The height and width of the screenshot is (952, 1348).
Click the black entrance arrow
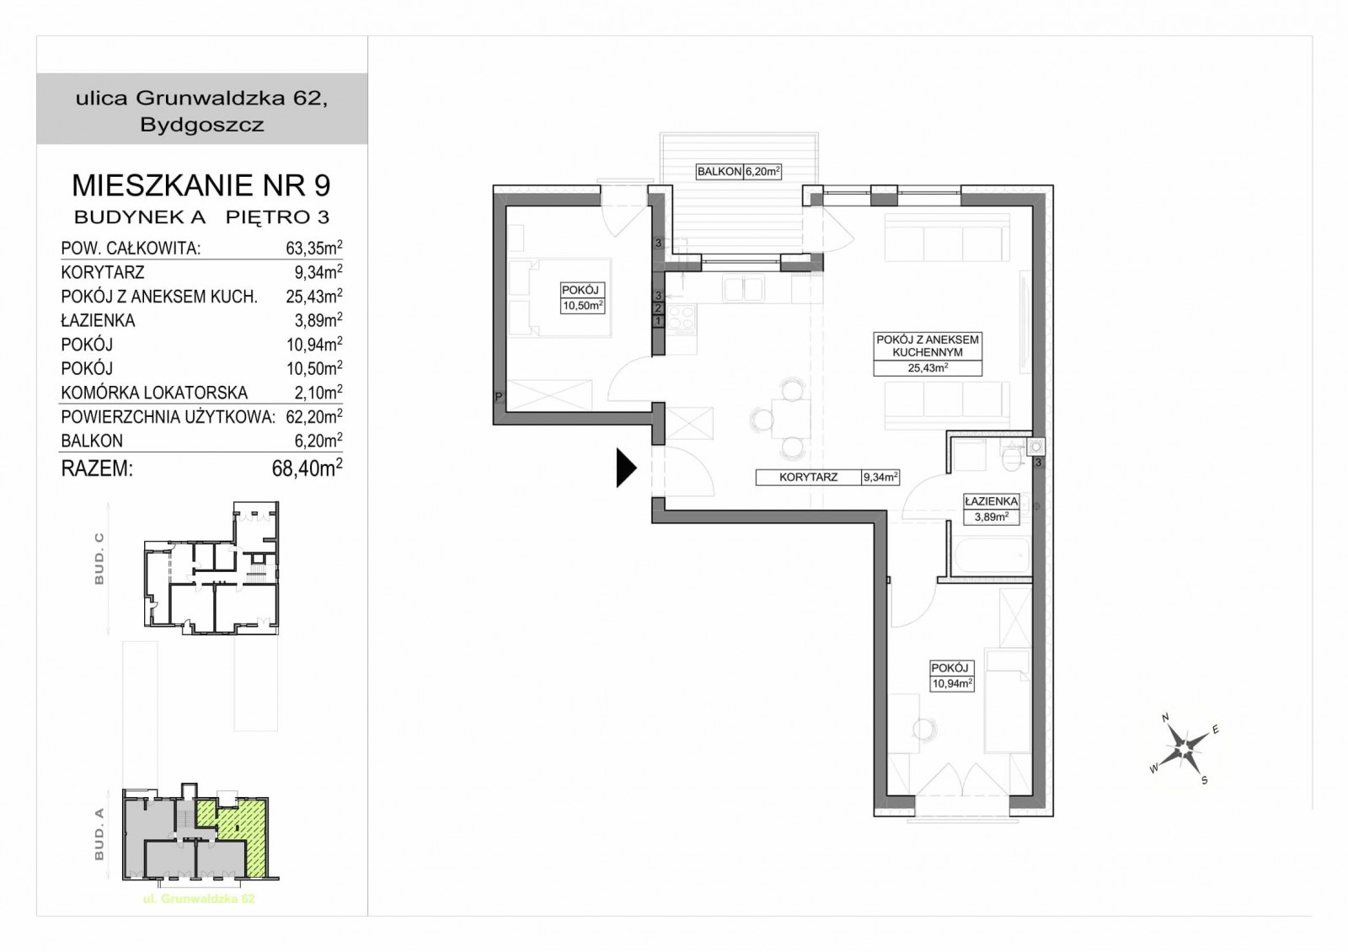point(626,468)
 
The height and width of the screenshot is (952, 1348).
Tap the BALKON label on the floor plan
point(719,172)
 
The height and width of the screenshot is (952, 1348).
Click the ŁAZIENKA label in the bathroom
point(991,500)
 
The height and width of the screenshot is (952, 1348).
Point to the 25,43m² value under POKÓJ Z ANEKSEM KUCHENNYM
point(928,367)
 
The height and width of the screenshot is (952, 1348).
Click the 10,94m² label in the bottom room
point(952,683)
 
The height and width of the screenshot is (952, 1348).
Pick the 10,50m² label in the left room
point(582,305)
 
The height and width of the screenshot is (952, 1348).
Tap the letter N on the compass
point(1165,718)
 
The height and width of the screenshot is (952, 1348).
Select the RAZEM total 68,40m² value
point(307,468)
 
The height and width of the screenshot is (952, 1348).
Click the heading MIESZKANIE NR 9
point(201,185)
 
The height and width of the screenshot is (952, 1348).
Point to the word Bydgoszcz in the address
point(202,126)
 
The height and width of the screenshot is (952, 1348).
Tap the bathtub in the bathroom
point(991,556)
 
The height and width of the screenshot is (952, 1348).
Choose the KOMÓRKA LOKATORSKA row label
point(154,393)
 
